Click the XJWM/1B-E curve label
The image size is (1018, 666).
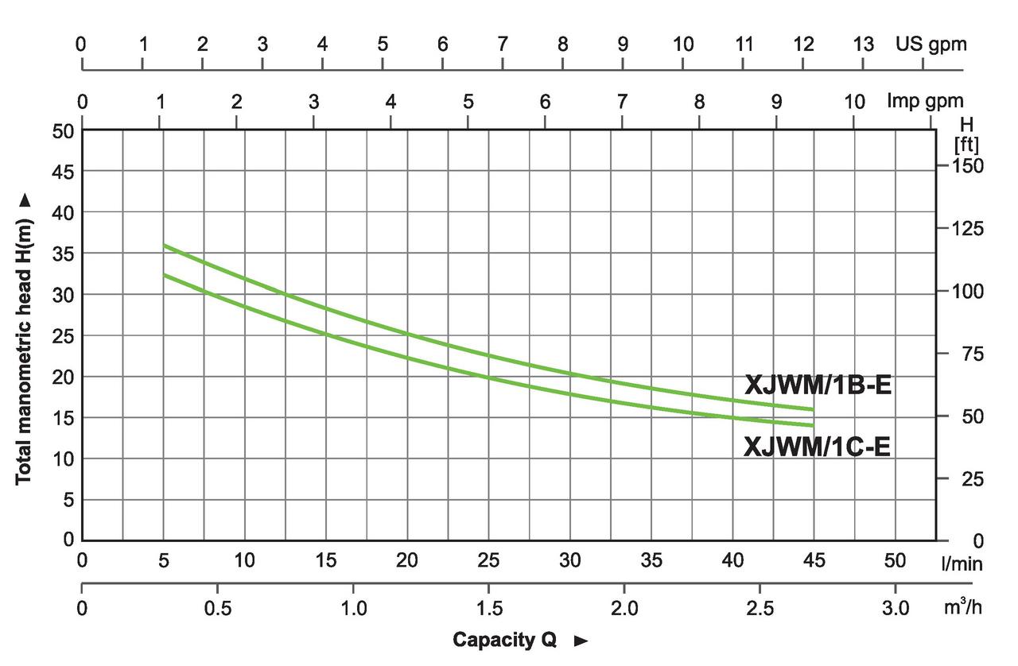click(x=818, y=385)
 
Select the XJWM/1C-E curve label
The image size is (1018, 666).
click(x=817, y=447)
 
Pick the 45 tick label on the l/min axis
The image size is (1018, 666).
click(x=814, y=561)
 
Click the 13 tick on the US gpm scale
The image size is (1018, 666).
click(x=863, y=45)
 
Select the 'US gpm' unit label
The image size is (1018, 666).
click(x=931, y=45)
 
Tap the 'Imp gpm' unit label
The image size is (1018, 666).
click(x=925, y=102)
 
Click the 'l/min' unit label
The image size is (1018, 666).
click(x=962, y=563)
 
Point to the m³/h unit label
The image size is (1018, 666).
click(x=963, y=608)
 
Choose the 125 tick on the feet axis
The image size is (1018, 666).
click(x=967, y=229)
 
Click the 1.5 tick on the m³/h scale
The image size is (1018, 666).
click(x=488, y=608)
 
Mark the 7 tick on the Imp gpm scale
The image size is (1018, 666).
click(x=622, y=102)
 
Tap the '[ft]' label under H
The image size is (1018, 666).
click(x=966, y=145)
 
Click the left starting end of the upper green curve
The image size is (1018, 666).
click(x=164, y=246)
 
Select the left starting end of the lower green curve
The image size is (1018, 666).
click(x=164, y=274)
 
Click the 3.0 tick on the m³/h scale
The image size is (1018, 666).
click(x=895, y=608)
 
